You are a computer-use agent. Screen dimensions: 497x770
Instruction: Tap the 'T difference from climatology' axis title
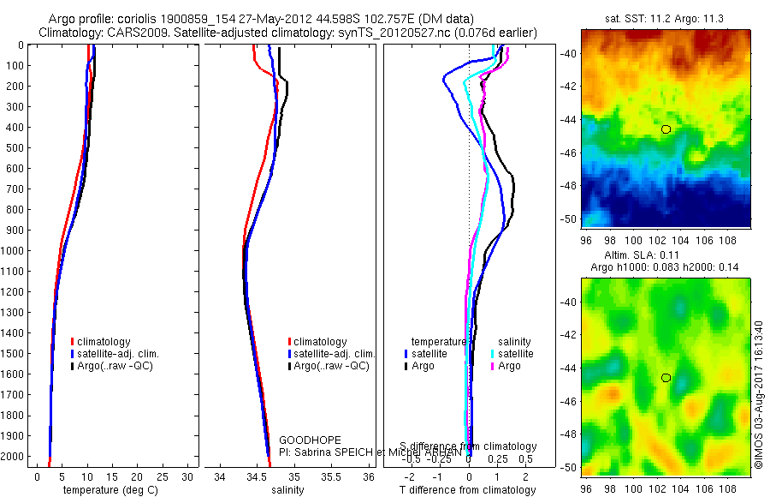(x=467, y=490)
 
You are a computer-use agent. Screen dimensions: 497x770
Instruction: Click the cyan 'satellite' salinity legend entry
(x=516, y=354)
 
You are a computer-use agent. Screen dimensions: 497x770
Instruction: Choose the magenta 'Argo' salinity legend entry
(x=509, y=366)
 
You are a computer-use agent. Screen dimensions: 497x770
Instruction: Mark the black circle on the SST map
(x=666, y=129)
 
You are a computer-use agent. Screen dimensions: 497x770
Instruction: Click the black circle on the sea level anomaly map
(x=666, y=377)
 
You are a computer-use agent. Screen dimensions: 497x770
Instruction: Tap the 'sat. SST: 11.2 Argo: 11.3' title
(x=665, y=17)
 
